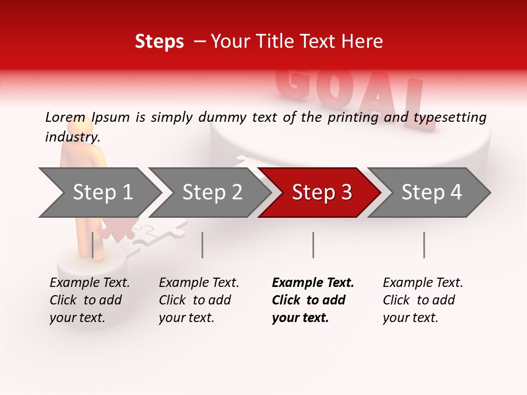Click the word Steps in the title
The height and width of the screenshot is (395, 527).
tap(159, 42)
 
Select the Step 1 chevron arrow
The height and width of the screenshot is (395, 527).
tap(102, 193)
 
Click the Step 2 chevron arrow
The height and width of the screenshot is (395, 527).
tap(211, 193)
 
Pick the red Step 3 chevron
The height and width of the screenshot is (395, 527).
tap(321, 193)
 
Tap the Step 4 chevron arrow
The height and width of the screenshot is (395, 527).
tap(431, 193)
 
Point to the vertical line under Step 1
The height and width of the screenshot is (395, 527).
tap(93, 245)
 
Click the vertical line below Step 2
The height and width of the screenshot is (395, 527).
tap(203, 245)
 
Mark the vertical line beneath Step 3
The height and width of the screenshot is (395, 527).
tap(313, 245)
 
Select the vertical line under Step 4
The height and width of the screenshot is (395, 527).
tap(424, 245)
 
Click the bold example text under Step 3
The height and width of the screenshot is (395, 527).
tap(312, 300)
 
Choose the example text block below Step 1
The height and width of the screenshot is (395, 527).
tap(89, 300)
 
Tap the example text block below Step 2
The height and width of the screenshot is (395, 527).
tap(198, 300)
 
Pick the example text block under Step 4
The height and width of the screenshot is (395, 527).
tap(422, 300)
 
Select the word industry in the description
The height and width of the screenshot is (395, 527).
tap(72, 137)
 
